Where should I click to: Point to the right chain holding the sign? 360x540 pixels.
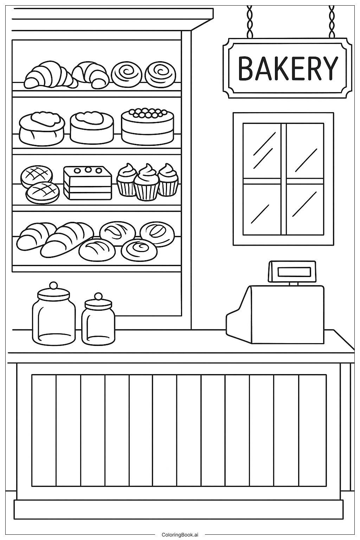pos(332,21)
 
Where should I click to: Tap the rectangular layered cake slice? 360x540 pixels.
pos(88,183)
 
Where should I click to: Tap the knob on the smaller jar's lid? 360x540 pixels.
pos(98,296)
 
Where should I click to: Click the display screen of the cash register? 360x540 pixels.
pos(294,272)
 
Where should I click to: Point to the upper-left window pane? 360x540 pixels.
pos(262,151)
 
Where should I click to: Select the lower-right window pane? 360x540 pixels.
pos(305,209)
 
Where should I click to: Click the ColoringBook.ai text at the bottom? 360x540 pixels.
pos(180,535)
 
